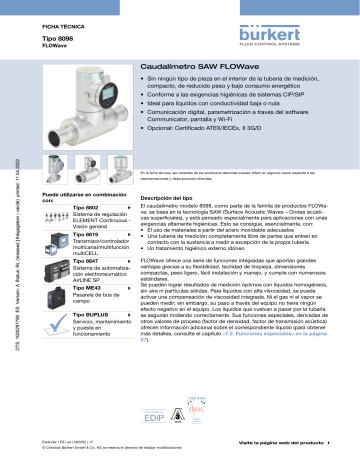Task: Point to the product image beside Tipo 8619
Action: (56, 244)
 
